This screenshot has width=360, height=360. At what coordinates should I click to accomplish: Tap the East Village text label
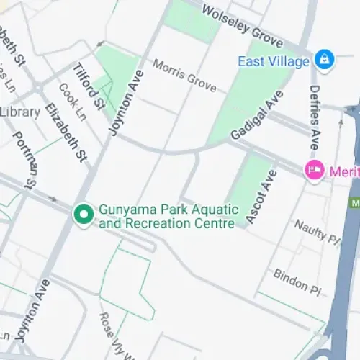[274, 61]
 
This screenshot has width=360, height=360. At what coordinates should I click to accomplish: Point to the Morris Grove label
[184, 75]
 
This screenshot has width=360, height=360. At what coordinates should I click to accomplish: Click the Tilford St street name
[90, 86]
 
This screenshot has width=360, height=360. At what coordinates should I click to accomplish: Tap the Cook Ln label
[73, 103]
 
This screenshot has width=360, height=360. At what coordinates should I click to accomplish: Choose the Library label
[19, 112]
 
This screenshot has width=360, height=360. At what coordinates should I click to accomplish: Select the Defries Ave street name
[314, 114]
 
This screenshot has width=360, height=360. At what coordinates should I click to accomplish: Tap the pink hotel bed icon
[314, 171]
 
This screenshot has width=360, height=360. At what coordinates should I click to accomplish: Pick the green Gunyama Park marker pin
[84, 214]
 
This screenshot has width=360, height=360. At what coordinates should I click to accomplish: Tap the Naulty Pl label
[317, 230]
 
